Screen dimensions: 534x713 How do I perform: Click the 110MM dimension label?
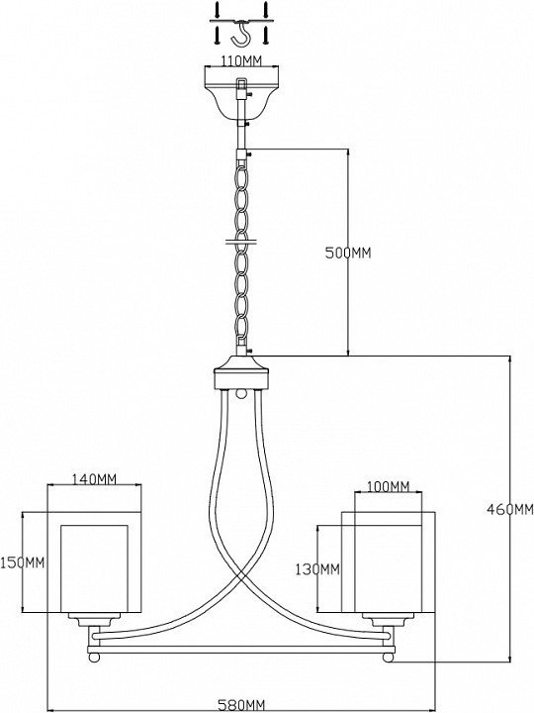click(240, 61)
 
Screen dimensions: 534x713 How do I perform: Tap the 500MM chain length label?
click(348, 253)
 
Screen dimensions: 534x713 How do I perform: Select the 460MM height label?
click(510, 509)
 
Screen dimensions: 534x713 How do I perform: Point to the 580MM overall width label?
click(241, 706)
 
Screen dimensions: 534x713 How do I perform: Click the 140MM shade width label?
click(94, 479)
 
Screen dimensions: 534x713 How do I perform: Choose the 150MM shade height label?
click(23, 562)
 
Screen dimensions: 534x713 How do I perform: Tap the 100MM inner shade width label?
click(388, 486)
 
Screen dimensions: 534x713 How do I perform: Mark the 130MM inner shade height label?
click(317, 568)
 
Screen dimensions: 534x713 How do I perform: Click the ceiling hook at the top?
click(241, 34)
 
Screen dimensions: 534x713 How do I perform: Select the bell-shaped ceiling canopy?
click(241, 95)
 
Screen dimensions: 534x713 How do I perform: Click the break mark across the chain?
click(241, 241)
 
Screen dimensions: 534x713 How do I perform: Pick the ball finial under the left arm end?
click(94, 658)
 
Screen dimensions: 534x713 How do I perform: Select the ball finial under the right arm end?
click(389, 658)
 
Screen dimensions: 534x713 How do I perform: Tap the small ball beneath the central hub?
click(241, 393)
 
